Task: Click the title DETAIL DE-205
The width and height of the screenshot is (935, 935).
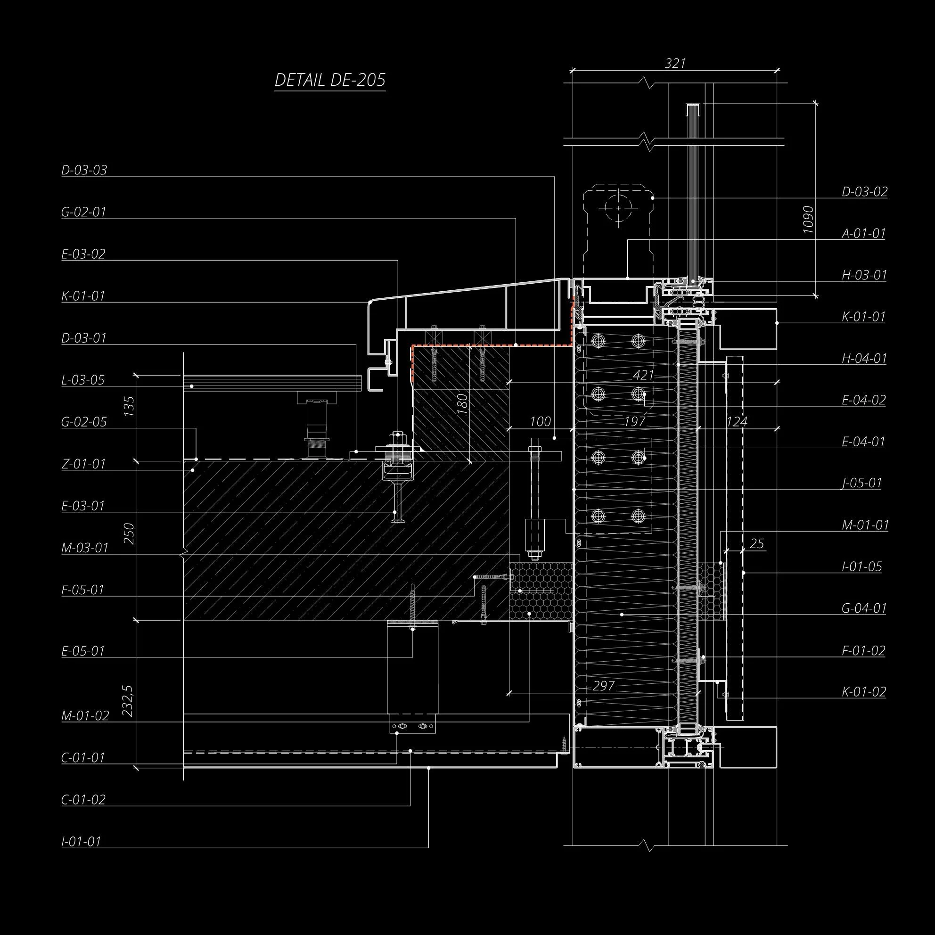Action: tap(329, 80)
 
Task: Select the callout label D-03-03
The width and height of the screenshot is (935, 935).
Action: tap(84, 170)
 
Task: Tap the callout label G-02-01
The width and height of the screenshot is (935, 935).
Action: tap(84, 212)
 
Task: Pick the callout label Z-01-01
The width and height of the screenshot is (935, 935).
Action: tap(83, 464)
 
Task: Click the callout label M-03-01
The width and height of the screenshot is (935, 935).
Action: tap(85, 548)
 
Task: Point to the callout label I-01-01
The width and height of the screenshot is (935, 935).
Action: tap(82, 842)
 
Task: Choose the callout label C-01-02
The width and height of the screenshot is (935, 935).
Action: tap(83, 799)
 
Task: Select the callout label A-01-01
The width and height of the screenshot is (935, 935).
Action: tap(864, 233)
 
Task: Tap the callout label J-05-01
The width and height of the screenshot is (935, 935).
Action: tap(862, 483)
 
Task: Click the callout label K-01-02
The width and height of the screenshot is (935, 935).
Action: tap(864, 691)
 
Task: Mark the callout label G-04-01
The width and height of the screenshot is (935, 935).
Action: tap(864, 608)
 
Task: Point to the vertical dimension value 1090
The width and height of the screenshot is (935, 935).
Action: tap(808, 220)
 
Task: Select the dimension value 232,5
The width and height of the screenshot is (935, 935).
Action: tap(128, 701)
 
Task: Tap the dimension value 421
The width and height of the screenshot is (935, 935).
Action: tap(644, 375)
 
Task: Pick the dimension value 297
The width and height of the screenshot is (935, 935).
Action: tap(603, 686)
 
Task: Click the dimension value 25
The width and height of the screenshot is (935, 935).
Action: tap(756, 544)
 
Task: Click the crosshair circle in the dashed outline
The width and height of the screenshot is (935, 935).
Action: tap(618, 208)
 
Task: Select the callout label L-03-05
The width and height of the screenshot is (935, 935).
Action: tap(83, 380)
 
